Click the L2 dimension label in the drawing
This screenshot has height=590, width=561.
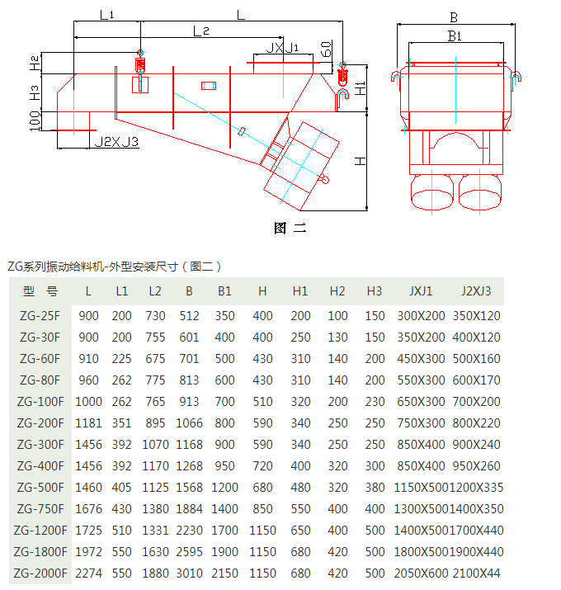coord(201,31)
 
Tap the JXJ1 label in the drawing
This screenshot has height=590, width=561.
coord(282,48)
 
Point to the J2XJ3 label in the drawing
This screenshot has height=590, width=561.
coord(116,142)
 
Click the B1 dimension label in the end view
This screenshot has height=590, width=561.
coord(455,35)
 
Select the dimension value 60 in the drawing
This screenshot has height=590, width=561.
coord(328,49)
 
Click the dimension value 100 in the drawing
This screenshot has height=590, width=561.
coord(35,122)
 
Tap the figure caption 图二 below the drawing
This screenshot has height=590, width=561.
coord(290,229)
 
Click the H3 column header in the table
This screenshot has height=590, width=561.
coord(375,291)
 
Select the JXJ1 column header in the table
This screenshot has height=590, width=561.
coord(421,291)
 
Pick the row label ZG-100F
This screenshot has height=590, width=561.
coord(40,401)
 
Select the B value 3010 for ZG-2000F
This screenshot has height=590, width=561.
coord(189,573)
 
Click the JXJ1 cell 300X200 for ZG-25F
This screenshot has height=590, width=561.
coord(421,315)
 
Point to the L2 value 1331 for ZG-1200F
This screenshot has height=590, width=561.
coord(155,530)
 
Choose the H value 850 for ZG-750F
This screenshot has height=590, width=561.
coord(262,508)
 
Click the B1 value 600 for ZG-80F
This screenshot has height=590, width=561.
coord(224,380)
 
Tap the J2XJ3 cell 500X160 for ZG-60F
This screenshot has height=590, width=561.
coord(476,358)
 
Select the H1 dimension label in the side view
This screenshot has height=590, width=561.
coord(360,87)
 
